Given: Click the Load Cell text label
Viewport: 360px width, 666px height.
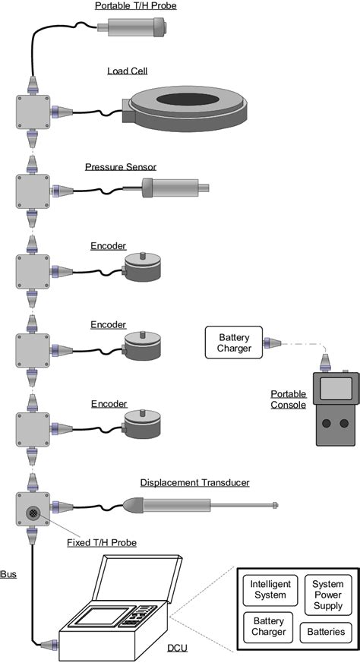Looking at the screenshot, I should pyautogui.click(x=127, y=71).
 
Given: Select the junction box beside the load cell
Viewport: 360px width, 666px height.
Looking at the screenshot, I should pyautogui.click(x=33, y=111).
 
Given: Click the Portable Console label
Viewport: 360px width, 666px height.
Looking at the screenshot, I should pyautogui.click(x=289, y=399).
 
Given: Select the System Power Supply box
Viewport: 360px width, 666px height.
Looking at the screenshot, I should pyautogui.click(x=327, y=592).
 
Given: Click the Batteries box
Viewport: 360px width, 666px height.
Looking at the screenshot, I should pyautogui.click(x=327, y=632).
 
